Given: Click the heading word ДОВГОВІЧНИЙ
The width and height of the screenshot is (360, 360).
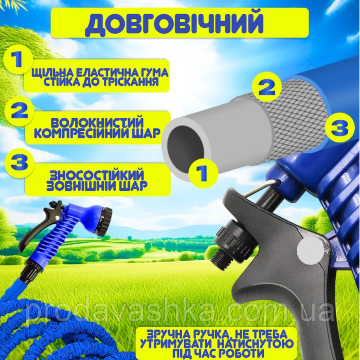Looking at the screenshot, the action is point(174,23).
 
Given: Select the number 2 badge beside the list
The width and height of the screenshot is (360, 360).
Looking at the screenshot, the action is point(20,112).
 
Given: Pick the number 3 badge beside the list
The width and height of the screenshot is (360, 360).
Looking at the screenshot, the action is point(20,163).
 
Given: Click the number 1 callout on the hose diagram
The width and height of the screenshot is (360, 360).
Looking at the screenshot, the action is point(203,173).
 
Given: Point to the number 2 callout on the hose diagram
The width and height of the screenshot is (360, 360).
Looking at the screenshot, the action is point(267,88).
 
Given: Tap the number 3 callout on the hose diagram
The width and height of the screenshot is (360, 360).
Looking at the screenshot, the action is point(340,127).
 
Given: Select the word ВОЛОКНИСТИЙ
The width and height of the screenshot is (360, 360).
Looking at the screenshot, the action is point(97,123).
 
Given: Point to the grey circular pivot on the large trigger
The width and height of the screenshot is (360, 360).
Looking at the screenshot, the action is point(311,251).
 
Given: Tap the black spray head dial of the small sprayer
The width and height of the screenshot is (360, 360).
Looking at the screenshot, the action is point(103,221).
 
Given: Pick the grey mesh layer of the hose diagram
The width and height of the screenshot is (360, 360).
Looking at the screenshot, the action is point(296,119).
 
